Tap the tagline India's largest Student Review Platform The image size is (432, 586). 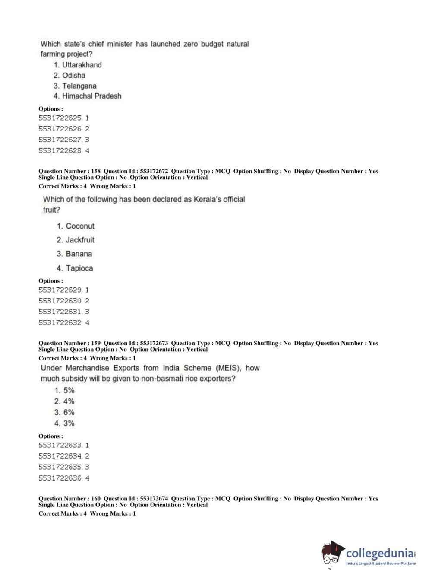tap(381, 564)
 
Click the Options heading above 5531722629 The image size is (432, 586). tap(50, 281)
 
